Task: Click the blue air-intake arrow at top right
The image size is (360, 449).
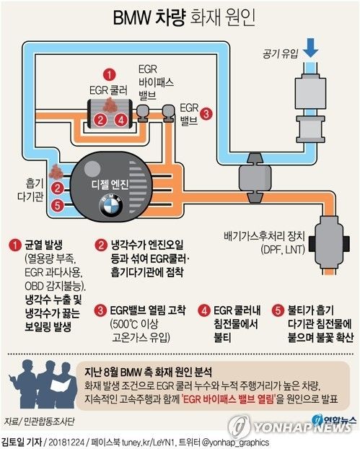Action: pyautogui.click(x=310, y=48)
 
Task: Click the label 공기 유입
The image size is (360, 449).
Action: pyautogui.click(x=280, y=53)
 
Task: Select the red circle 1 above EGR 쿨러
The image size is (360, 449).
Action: pyautogui.click(x=110, y=75)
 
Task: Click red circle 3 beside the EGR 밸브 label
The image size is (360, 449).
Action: pyautogui.click(x=206, y=114)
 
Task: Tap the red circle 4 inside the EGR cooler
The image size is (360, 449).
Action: pyautogui.click(x=121, y=120)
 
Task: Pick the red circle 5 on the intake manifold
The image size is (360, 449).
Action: pyautogui.click(x=58, y=205)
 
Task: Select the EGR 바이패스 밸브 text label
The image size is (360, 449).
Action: pyautogui.click(x=156, y=82)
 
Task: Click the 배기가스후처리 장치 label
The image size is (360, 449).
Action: pyautogui.click(x=265, y=237)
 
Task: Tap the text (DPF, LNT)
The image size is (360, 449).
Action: pyautogui.click(x=283, y=250)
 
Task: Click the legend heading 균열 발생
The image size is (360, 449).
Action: pyautogui.click(x=43, y=245)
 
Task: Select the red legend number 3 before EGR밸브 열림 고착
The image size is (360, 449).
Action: pyautogui.click(x=100, y=310)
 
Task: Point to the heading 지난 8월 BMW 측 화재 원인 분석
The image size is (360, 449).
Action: pyautogui.click(x=148, y=372)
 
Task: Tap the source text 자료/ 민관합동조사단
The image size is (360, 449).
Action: pyautogui.click(x=40, y=422)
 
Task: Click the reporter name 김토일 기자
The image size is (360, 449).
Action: pyautogui.click(x=22, y=441)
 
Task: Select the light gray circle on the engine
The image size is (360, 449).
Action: pyautogui.click(x=92, y=169)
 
